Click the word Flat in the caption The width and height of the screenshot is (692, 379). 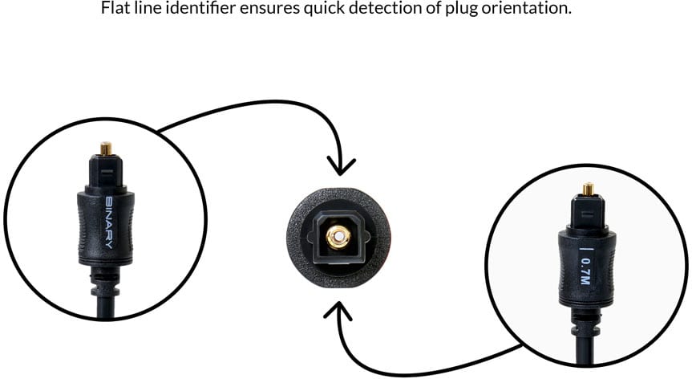pos(115,10)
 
